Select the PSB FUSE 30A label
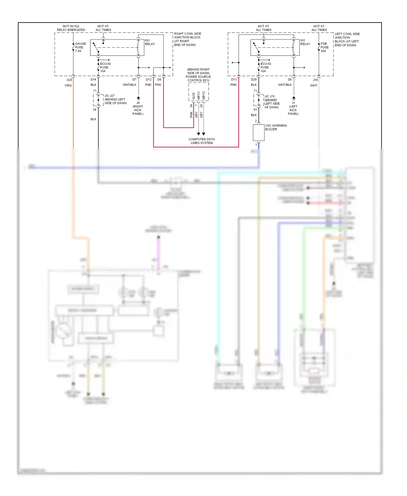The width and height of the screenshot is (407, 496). (324, 47)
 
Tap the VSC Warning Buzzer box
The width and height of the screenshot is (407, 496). (259, 133)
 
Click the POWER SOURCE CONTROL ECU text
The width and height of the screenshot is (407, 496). (198, 78)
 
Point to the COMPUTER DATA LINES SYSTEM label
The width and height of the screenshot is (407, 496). (202, 141)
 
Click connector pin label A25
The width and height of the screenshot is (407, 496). (69, 80)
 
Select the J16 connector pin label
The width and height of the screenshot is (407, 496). (315, 80)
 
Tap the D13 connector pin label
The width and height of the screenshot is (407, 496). (234, 80)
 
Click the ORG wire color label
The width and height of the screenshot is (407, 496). (68, 85)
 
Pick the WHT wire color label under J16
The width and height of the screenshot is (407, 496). (313, 85)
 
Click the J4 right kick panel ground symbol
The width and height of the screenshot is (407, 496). (138, 98)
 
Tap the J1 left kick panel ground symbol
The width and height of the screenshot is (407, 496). (294, 98)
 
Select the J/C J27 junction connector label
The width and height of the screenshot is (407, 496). (110, 96)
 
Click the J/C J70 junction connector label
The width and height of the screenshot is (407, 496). (269, 96)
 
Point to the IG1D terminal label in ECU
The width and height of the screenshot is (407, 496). (193, 96)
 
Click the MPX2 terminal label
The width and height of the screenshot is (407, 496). (204, 95)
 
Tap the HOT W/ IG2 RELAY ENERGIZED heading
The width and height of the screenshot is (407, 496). (71, 28)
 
